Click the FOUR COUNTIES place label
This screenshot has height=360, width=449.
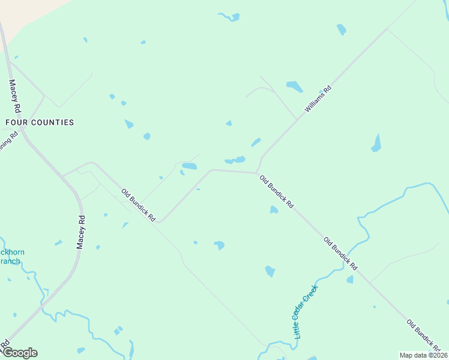(40, 122)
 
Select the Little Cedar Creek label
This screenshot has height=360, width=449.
(306, 312)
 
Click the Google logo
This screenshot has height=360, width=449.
(19, 352)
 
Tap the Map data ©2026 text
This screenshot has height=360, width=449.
(423, 355)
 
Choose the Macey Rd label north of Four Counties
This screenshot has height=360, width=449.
(15, 96)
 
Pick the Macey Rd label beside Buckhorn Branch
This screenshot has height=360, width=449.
(82, 232)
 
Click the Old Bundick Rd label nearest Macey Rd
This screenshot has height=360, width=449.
(139, 206)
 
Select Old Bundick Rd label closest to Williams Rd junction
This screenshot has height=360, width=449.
(277, 192)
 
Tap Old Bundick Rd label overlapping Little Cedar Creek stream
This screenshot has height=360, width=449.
(340, 253)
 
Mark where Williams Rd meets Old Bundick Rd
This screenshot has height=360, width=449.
(258, 173)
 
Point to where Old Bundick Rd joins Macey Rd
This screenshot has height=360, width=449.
(64, 175)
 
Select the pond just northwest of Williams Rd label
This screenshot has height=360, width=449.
(294, 86)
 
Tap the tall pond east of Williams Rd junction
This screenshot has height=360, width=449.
(376, 143)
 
